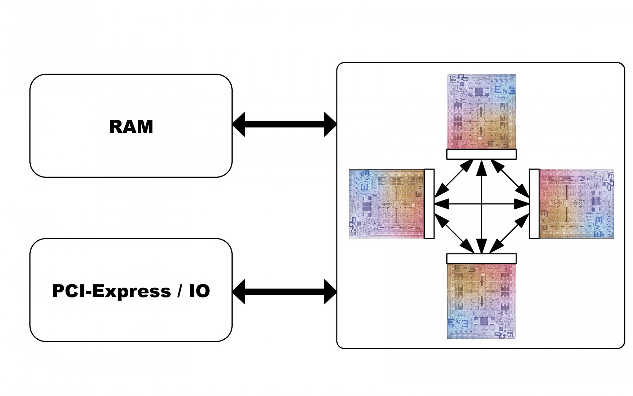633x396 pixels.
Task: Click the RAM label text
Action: click(x=131, y=127)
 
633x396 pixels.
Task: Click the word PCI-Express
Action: click(x=111, y=291)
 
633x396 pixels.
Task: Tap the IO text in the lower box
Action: click(x=199, y=291)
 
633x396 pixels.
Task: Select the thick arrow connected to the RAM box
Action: click(x=284, y=124)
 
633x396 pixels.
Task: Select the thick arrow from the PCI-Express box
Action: click(x=284, y=291)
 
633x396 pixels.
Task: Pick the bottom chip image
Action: click(x=481, y=301)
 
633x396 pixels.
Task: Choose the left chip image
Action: click(x=386, y=204)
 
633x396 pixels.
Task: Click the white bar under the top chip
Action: click(x=481, y=154)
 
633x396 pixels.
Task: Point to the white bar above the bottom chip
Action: click(x=481, y=259)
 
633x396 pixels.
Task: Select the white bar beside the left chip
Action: click(x=429, y=204)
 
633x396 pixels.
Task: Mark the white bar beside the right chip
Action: click(x=534, y=204)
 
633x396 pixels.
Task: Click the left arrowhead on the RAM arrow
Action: click(x=239, y=124)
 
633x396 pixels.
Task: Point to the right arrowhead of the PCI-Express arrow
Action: click(x=330, y=291)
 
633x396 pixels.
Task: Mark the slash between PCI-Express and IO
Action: click(x=180, y=291)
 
